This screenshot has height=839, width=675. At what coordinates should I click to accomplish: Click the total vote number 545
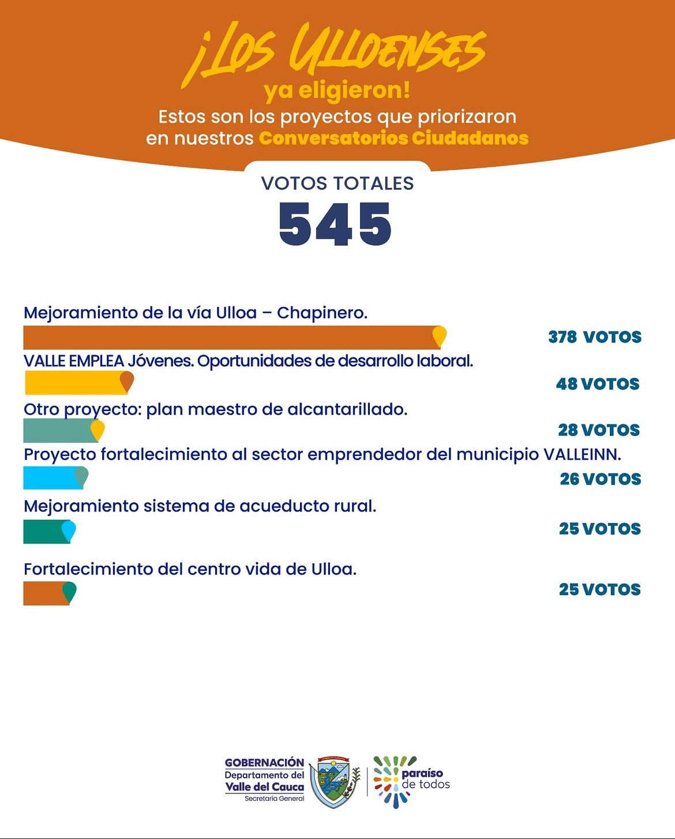tap(335, 224)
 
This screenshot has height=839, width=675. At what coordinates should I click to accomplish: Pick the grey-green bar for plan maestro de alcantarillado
tap(57, 430)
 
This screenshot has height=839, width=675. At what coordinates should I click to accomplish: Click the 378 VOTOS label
tap(595, 337)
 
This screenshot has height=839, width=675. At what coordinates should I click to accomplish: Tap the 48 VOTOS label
tap(598, 384)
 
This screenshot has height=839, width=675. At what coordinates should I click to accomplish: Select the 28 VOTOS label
tap(599, 430)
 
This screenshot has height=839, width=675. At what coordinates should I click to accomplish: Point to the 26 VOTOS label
tap(600, 479)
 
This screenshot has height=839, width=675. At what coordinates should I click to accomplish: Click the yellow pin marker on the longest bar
tap(440, 336)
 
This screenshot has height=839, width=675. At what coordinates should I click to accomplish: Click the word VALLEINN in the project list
tap(582, 455)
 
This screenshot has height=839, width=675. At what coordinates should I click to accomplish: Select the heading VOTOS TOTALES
tap(337, 183)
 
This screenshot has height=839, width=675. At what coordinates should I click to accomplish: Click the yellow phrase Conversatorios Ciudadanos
tap(393, 138)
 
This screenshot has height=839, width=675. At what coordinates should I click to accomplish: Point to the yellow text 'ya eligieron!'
tap(337, 91)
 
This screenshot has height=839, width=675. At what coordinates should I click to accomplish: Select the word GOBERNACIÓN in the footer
tap(264, 763)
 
